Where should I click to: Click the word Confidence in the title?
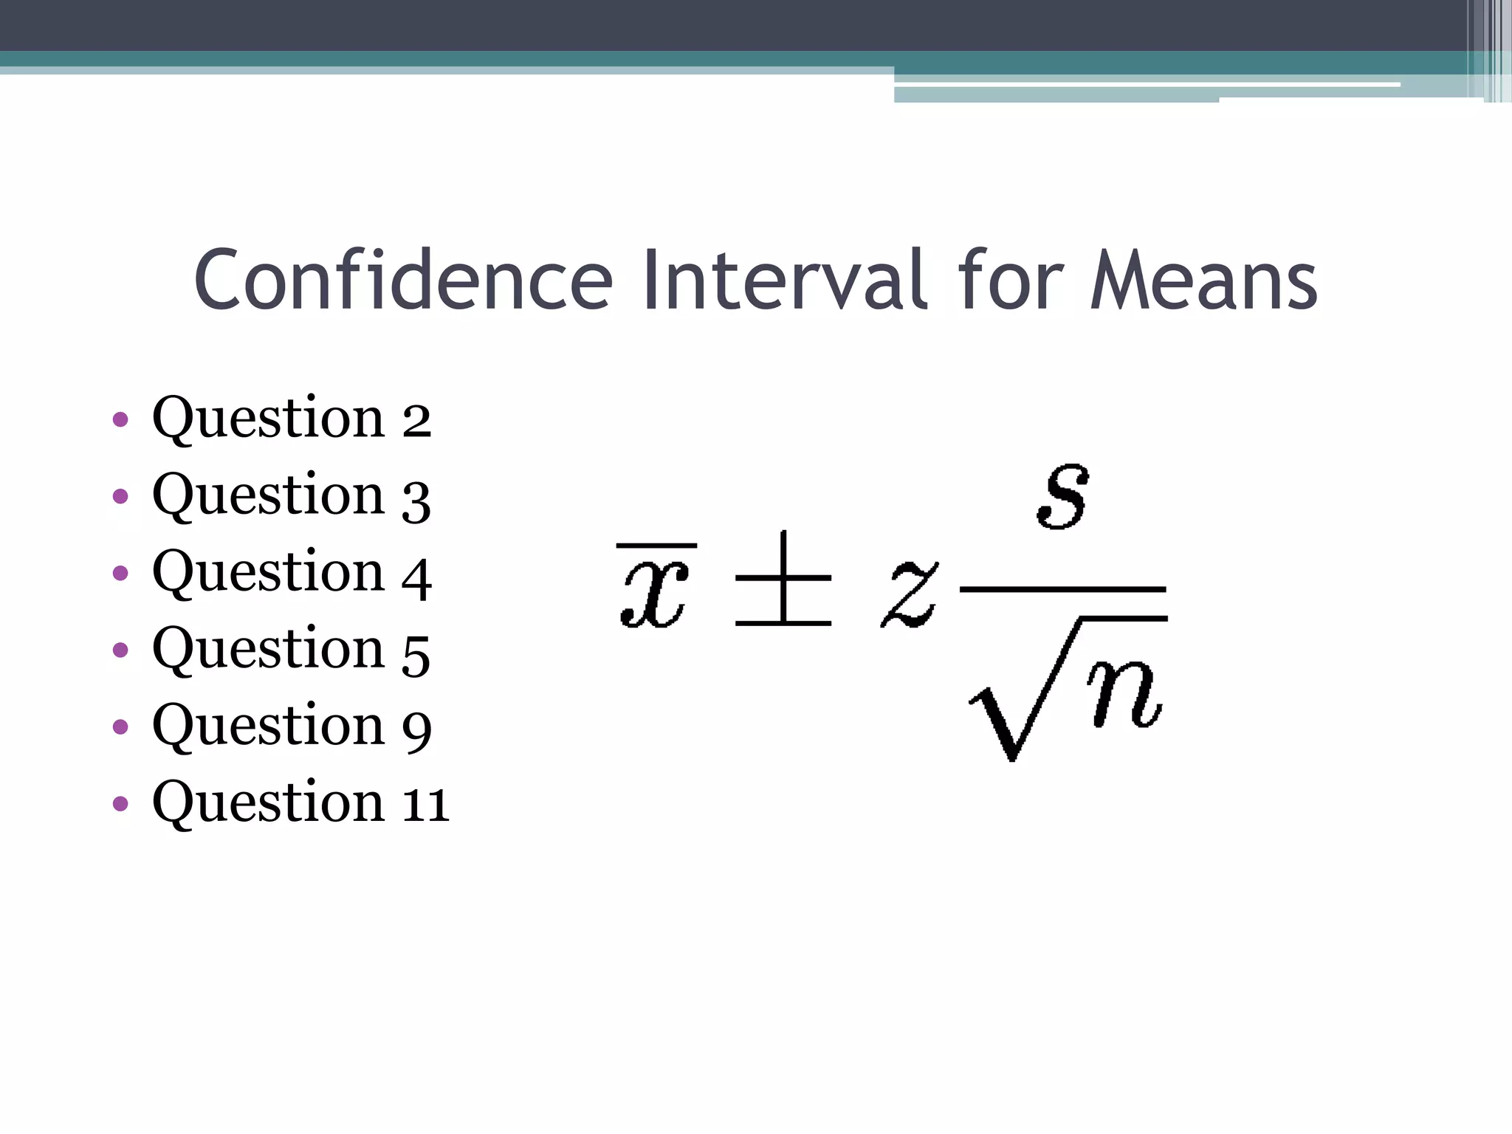[403, 281]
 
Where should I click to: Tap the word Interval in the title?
[784, 281]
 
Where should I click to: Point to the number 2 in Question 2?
[416, 421]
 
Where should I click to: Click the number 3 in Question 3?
[416, 501]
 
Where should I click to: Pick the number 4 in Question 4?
[416, 577]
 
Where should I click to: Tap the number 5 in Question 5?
[416, 654]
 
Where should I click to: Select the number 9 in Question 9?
[416, 729]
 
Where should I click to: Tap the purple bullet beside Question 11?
[120, 803]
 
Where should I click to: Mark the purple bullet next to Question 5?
[120, 650]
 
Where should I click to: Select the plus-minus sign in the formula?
[783, 580]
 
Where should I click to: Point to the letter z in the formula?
[910, 595]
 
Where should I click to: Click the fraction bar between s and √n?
[1062, 590]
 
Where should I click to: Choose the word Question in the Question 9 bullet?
[268, 726]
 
